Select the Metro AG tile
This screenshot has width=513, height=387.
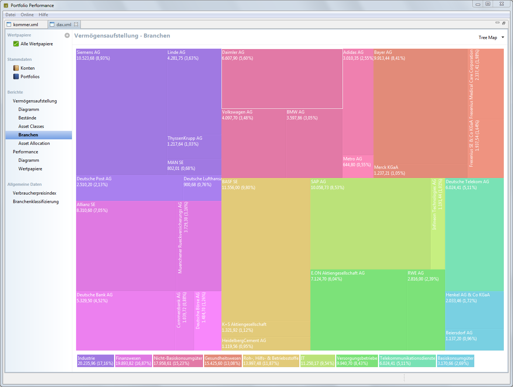(x=358, y=167)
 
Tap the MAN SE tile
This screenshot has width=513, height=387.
(x=194, y=167)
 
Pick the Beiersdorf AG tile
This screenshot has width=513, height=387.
(x=474, y=339)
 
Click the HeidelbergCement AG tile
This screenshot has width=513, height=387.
(x=266, y=344)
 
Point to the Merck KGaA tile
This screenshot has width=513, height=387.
(x=420, y=171)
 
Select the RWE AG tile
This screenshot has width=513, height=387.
(x=426, y=310)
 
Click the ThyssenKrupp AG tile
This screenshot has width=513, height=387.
(x=194, y=147)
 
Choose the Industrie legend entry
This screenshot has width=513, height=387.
(x=95, y=361)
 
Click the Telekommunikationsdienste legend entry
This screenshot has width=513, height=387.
(x=407, y=361)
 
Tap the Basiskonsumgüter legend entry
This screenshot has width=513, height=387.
(x=455, y=361)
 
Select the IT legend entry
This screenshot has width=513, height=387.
(x=317, y=361)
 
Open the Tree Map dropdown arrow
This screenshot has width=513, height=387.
(x=503, y=38)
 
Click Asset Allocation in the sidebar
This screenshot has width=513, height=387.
(x=34, y=143)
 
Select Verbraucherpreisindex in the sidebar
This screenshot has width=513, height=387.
(x=34, y=193)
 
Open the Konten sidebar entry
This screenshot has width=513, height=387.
(x=27, y=68)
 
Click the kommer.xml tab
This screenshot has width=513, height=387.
(x=25, y=25)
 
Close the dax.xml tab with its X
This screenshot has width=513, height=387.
(x=76, y=25)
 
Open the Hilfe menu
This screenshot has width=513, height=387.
(x=43, y=15)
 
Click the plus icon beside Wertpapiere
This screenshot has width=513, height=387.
(x=67, y=35)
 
